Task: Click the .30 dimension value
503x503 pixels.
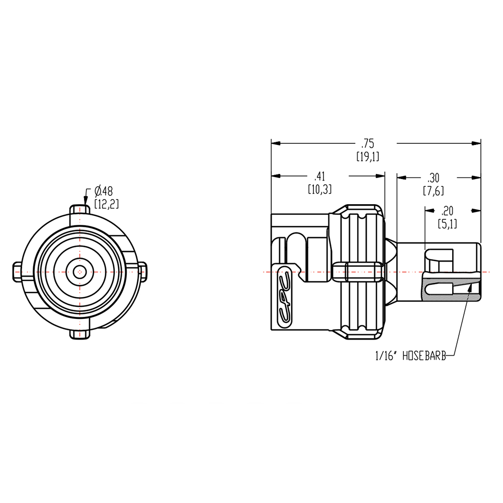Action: tap(433, 178)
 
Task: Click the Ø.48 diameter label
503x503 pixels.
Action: tap(103, 191)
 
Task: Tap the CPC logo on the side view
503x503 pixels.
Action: tap(285, 296)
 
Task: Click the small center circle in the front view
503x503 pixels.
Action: tap(79, 272)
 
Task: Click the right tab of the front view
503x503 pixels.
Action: tap(142, 272)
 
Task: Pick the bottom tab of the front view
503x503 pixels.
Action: tap(79, 334)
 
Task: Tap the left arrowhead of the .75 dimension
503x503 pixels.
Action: tap(276, 143)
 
